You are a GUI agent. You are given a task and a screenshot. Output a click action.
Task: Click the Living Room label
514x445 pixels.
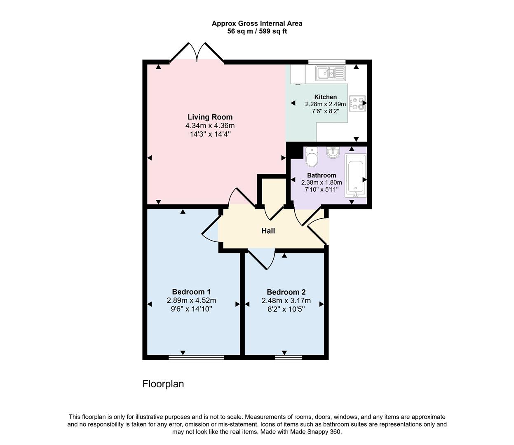coord(210,117)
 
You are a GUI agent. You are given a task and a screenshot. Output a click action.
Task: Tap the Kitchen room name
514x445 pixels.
coord(325,97)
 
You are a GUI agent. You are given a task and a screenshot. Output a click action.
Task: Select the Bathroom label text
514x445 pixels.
coord(322,176)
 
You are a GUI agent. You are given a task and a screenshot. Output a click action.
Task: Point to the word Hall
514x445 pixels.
coord(268,231)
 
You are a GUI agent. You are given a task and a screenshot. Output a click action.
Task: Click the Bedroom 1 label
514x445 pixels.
coord(191,292)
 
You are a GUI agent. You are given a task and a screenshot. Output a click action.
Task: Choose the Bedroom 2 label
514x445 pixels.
coord(286,292)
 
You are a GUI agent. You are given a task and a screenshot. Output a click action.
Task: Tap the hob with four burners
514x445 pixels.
coord(357,104)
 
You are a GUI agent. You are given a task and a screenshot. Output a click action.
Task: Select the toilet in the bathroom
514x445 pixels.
coord(312,157)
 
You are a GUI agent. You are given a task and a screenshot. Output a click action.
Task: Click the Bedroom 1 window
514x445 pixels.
coord(196,357)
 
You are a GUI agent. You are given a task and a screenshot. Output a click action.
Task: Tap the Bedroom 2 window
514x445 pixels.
coord(288,357)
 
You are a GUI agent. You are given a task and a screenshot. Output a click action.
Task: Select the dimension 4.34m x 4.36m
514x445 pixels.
coord(210,126)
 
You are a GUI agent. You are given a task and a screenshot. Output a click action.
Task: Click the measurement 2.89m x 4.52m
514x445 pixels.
coord(191,301)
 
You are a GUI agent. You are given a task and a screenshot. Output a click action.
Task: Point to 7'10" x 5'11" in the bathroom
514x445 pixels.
coord(322,190)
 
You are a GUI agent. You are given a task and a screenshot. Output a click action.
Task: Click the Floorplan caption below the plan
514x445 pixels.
coord(163,384)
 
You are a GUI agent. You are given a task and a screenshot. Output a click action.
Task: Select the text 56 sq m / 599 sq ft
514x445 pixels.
coord(257,31)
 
